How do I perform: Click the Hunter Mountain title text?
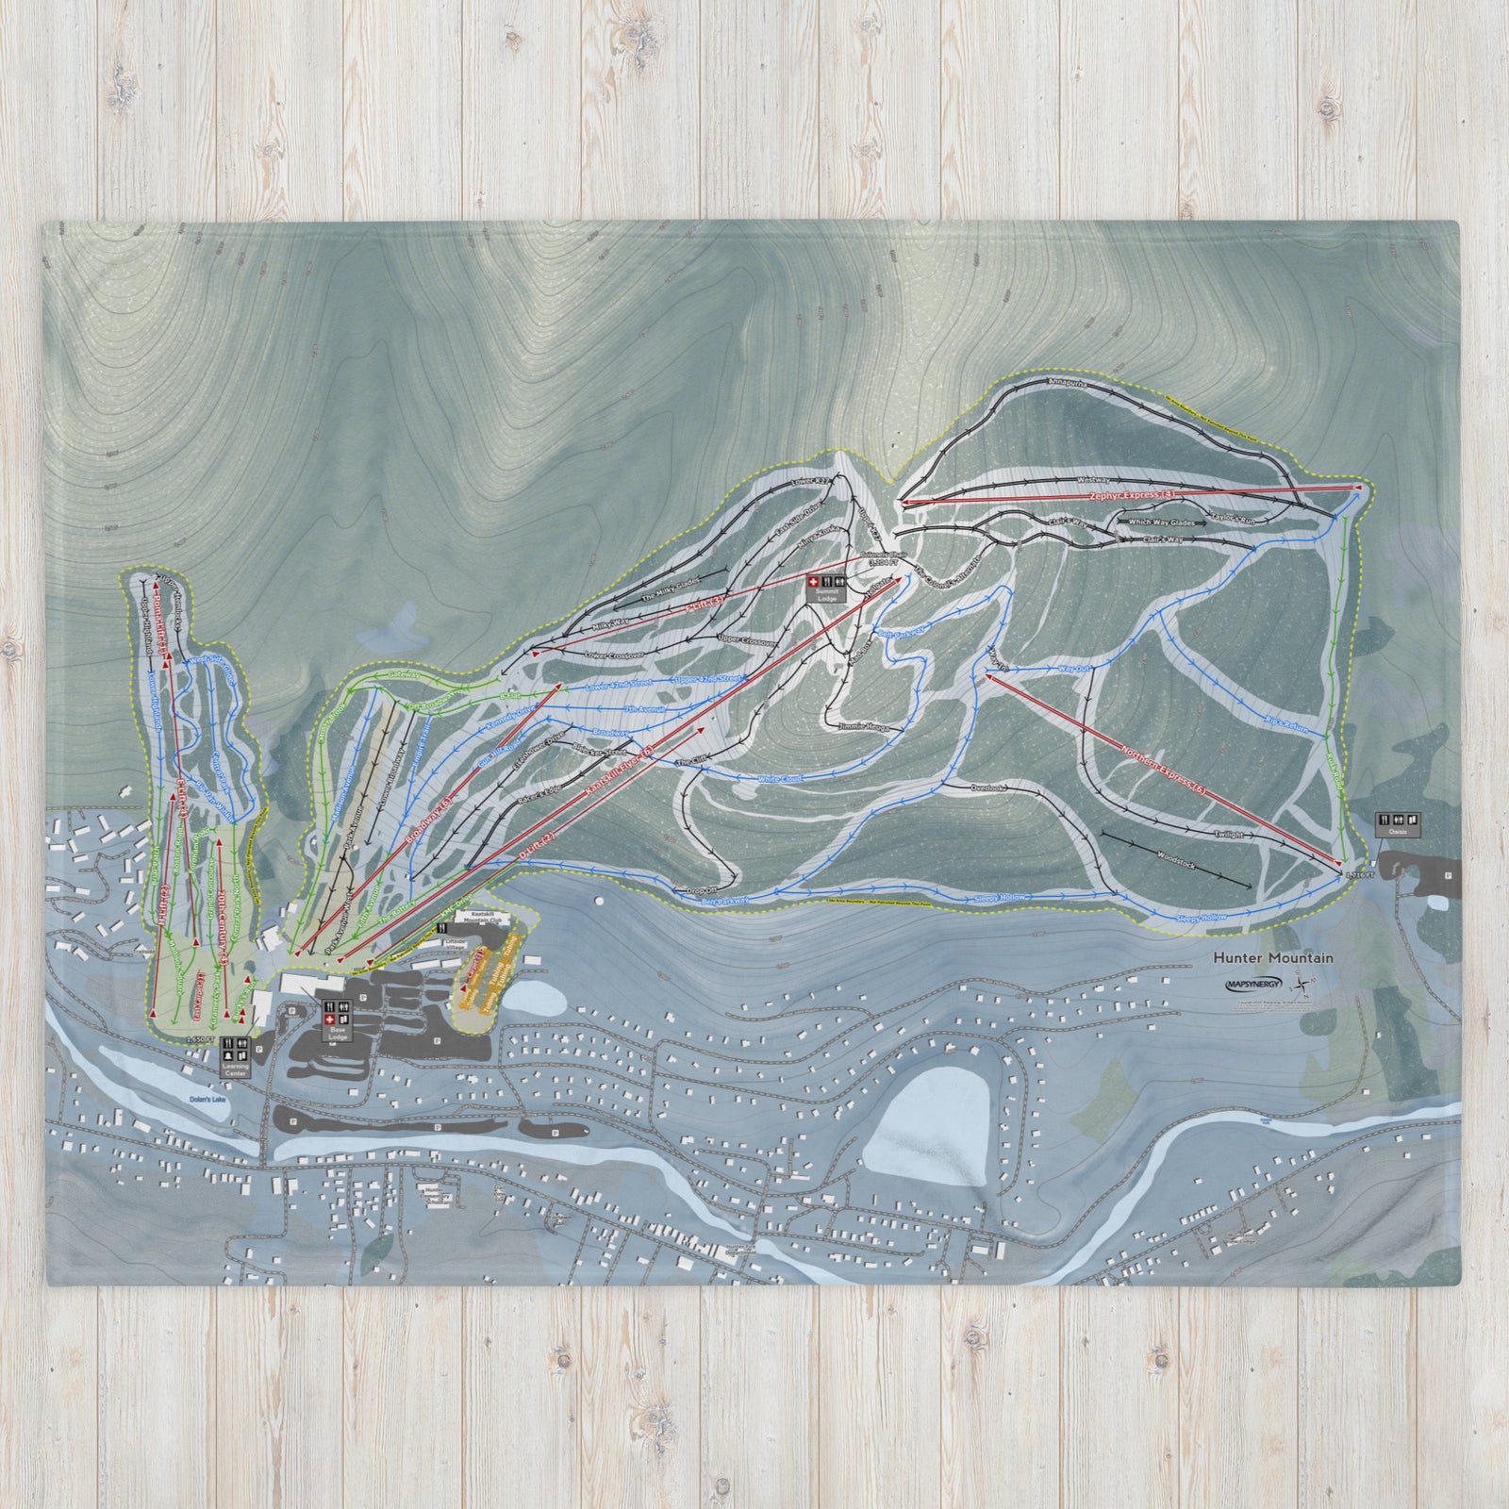pos(1272,957)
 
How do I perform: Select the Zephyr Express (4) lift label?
pos(1133,493)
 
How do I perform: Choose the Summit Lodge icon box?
pos(821,589)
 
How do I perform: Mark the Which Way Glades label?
pos(1161,522)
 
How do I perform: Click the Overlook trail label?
pos(990,786)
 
